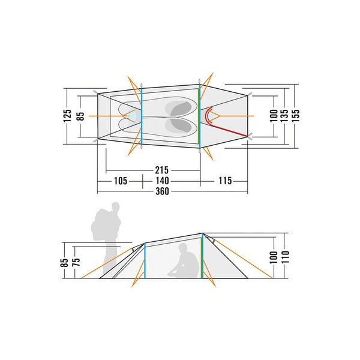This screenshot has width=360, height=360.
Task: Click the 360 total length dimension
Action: point(163,191)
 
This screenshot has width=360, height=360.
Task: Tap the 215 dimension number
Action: point(162,170)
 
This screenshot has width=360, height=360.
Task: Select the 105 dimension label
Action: point(121,181)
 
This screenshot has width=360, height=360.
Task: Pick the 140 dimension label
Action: point(162,181)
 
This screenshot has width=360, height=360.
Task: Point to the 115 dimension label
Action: point(225,181)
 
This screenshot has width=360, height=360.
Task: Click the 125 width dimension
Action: point(67,116)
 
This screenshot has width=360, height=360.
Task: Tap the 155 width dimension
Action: point(296,116)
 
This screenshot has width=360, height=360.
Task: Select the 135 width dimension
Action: point(284,116)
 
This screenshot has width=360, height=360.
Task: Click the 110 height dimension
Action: point(285,257)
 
